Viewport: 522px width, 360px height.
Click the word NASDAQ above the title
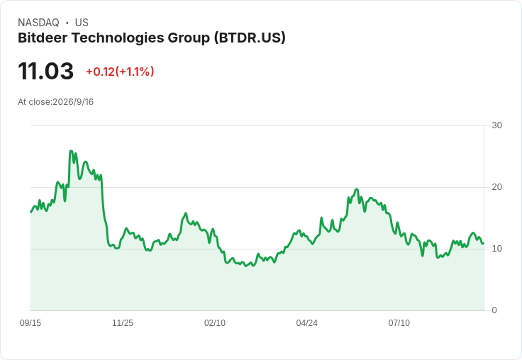[x=38, y=23]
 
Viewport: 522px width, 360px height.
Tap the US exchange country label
[x=82, y=23]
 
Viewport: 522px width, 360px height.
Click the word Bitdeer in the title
[x=43, y=38]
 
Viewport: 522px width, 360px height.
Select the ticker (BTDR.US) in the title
[x=250, y=38]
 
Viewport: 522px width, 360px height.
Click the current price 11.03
[x=45, y=71]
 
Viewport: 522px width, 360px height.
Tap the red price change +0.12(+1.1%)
[x=120, y=72]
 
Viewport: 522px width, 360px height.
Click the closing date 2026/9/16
[x=73, y=102]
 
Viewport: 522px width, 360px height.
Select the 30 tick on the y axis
[x=496, y=125]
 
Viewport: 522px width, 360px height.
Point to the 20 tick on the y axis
[x=496, y=187]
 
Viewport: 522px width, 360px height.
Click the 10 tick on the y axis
[x=496, y=249]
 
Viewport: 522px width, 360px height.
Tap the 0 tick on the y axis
[x=494, y=310]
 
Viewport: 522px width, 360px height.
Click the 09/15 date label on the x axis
[x=30, y=323]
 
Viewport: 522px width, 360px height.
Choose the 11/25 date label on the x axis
[x=123, y=323]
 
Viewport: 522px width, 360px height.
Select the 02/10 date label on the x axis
[x=215, y=323]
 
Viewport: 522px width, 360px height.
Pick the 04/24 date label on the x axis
[x=306, y=323]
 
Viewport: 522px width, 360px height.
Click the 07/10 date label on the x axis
[x=399, y=323]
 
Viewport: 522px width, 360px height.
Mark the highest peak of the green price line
[x=71, y=151]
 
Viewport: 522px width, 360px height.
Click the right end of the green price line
[x=483, y=244]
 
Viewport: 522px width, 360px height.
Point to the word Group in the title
[x=189, y=38]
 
